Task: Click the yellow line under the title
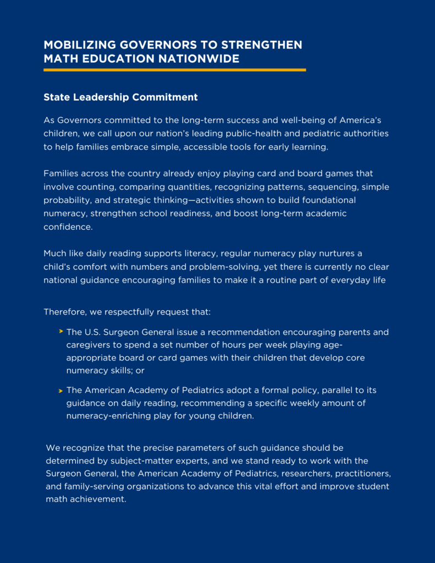tap(174, 70)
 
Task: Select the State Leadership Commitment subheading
tap(120, 97)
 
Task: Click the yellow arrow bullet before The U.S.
tap(60, 332)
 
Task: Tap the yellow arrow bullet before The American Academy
tap(60, 390)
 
